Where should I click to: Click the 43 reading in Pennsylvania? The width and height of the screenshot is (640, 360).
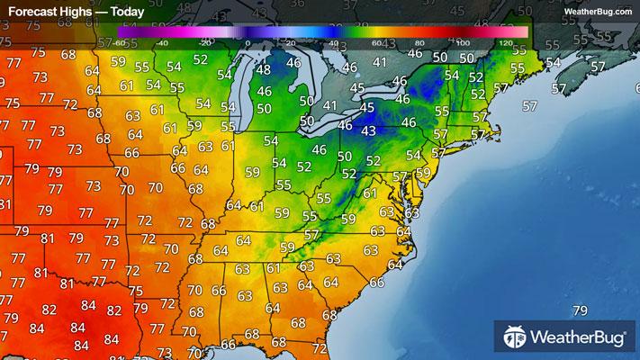coord(367,131)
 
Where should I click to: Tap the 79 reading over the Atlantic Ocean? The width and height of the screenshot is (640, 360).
coord(580,311)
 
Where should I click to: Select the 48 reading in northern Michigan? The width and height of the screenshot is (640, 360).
coord(263,70)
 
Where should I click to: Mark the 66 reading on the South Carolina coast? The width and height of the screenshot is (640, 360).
coord(376,283)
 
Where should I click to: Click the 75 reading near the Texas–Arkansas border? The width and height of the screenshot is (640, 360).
coord(136,291)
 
